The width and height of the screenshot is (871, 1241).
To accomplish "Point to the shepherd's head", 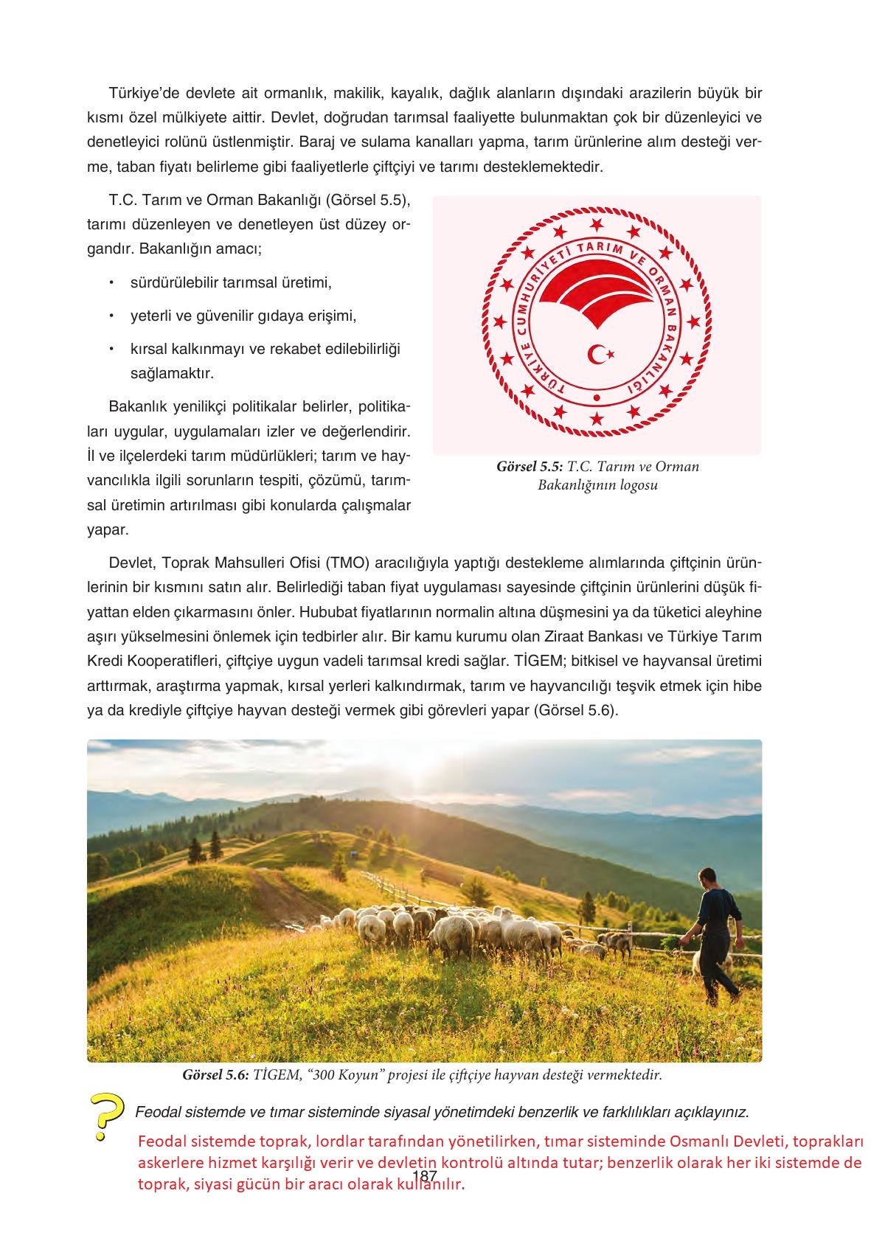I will pyautogui.click(x=707, y=877).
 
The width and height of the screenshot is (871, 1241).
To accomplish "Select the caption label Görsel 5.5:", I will pyautogui.click(x=530, y=467).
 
